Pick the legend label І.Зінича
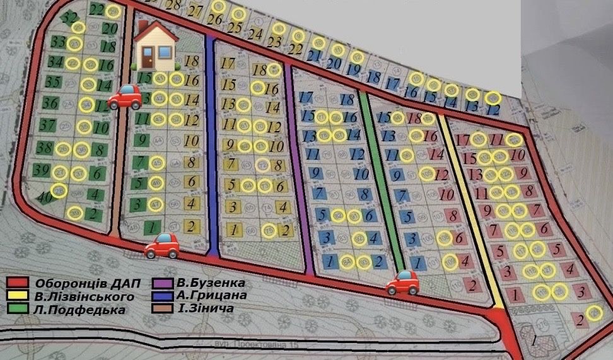click(x=203, y=310)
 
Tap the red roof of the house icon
click(x=154, y=33)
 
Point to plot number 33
click(x=59, y=43)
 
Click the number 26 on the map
click(x=214, y=20)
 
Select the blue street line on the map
click(x=213, y=145)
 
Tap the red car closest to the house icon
click(x=124, y=96)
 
